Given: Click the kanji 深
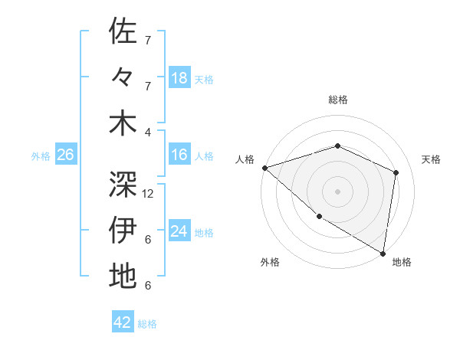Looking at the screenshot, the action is [123, 183].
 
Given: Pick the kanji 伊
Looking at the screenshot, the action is [123, 229].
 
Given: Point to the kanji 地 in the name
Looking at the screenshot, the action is [123, 275].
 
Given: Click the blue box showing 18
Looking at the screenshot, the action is [179, 78].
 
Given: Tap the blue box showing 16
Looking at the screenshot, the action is [179, 155].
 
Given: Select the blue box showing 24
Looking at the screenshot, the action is [179, 231].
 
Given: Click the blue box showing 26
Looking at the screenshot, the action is [66, 155].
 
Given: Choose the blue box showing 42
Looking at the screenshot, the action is [123, 322].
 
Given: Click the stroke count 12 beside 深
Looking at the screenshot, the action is [149, 194].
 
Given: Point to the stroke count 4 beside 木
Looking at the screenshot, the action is [148, 132].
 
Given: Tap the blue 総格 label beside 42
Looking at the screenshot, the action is [147, 324].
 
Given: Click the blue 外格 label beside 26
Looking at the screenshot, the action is [41, 156].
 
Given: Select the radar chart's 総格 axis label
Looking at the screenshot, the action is [337, 100].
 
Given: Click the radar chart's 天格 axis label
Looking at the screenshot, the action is [431, 159].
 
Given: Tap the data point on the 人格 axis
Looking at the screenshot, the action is [264, 168].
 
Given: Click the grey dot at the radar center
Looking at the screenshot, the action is [337, 191].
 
